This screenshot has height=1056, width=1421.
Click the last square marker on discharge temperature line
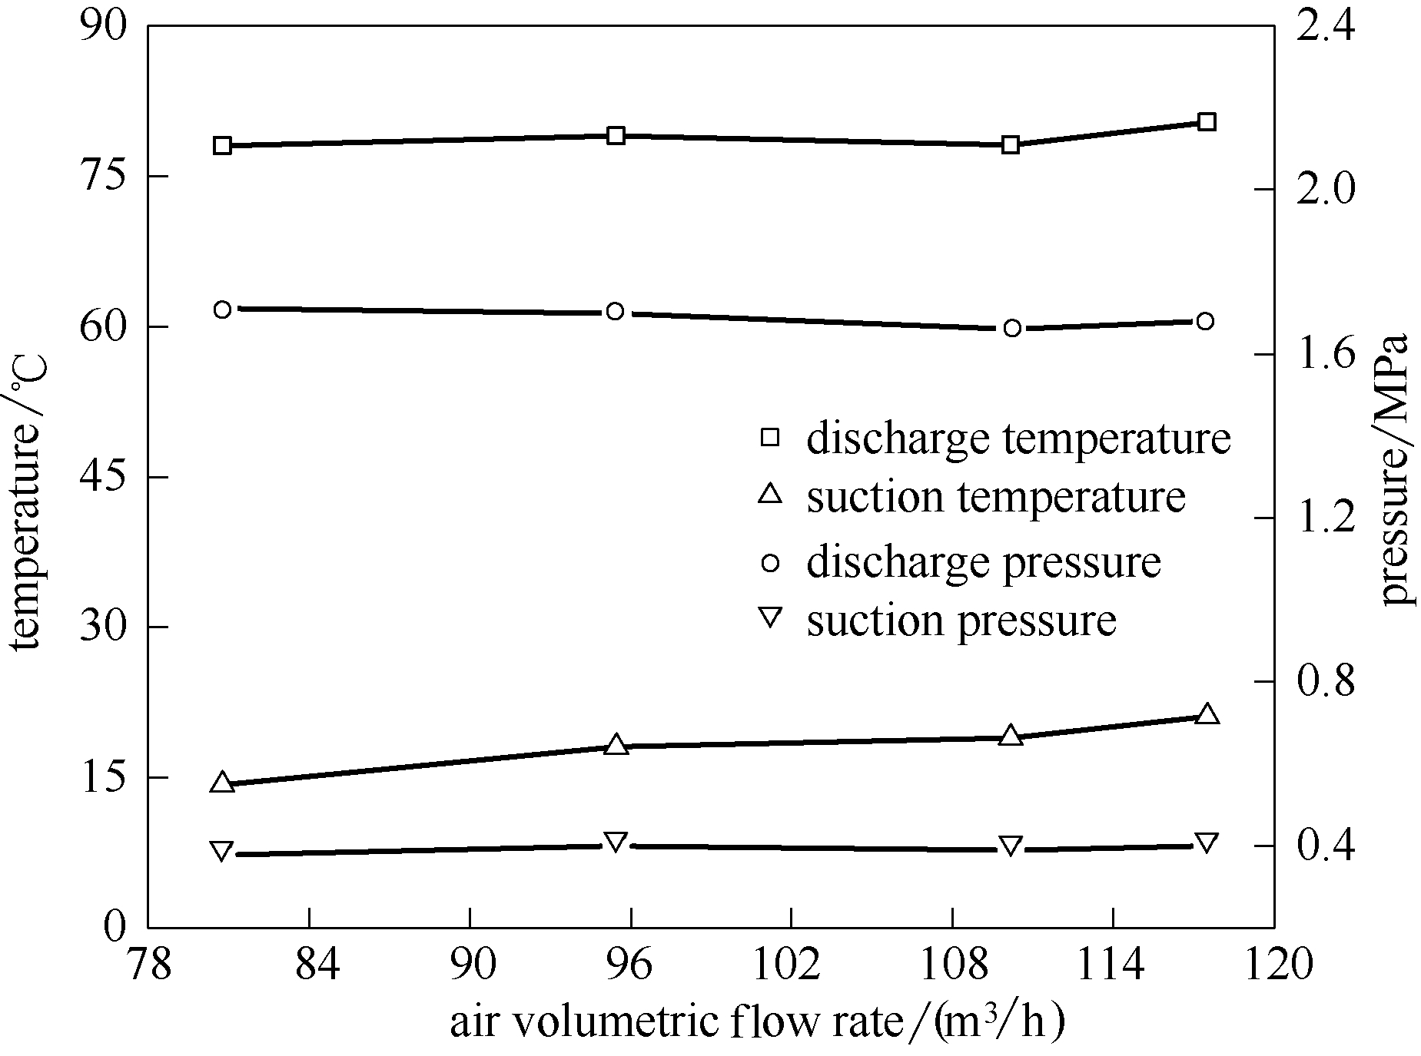point(1206,122)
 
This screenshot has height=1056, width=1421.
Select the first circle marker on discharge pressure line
point(223,310)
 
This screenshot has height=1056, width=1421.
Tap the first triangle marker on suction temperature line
point(223,783)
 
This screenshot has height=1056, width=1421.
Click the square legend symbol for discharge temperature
point(769,438)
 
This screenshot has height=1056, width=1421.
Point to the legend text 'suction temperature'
point(995,497)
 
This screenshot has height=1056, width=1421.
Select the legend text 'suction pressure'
point(961,620)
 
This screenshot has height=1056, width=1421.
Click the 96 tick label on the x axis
point(630,965)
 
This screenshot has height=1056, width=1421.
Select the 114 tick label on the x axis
point(1113,965)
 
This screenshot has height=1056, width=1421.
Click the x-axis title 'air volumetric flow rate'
point(757,1023)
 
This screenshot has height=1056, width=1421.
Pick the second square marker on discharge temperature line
point(616,136)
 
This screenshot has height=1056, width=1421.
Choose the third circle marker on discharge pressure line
point(1012,328)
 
